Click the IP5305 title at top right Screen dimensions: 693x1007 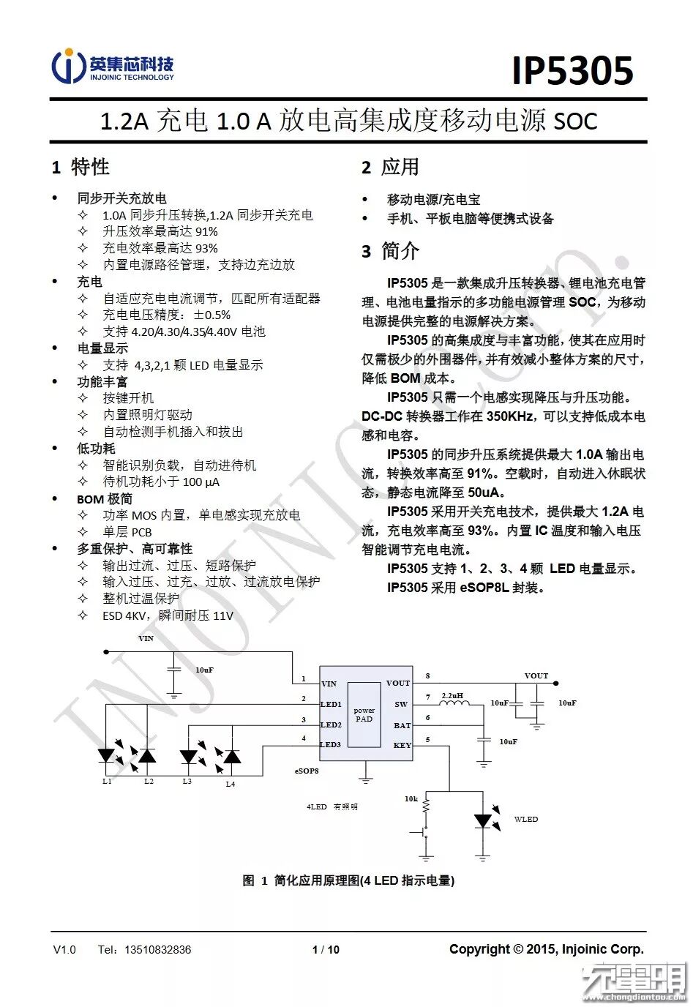tap(572, 71)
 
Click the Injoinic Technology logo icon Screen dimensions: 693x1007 tap(68, 67)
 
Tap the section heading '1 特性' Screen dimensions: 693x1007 tap(80, 168)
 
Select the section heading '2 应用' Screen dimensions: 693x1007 tap(390, 168)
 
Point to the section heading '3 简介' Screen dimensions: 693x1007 tap(390, 251)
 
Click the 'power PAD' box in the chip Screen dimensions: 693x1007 tap(364, 714)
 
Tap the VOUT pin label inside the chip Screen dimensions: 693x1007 tap(398, 683)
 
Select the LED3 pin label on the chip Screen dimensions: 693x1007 tap(331, 744)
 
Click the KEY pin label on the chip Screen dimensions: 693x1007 tap(402, 745)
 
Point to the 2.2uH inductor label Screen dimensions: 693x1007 tap(452, 695)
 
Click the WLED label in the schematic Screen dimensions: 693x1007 tap(525, 819)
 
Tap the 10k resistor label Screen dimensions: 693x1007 tap(411, 798)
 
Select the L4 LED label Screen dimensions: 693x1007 tap(230, 784)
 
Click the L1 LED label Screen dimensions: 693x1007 tap(108, 781)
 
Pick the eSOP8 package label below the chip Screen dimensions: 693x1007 tap(307, 771)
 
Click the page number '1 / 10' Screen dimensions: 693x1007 tap(326, 949)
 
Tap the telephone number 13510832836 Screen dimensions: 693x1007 tap(157, 949)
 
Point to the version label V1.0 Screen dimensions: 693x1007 tap(64, 949)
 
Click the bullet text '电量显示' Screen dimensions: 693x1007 tap(102, 348)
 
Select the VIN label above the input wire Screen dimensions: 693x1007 tap(146, 638)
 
